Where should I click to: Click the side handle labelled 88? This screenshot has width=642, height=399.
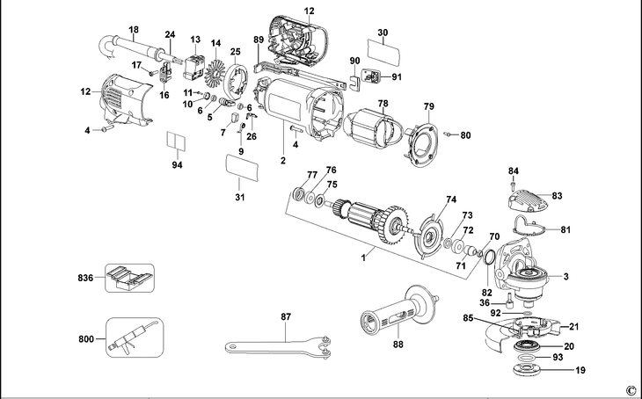point(397,313)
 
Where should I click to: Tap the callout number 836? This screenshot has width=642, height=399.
point(84,278)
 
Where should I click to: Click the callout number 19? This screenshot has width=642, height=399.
point(580,372)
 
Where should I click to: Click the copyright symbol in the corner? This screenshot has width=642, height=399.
point(630,389)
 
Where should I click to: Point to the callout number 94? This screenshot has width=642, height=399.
point(178,165)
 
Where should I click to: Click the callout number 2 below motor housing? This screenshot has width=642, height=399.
point(282,161)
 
